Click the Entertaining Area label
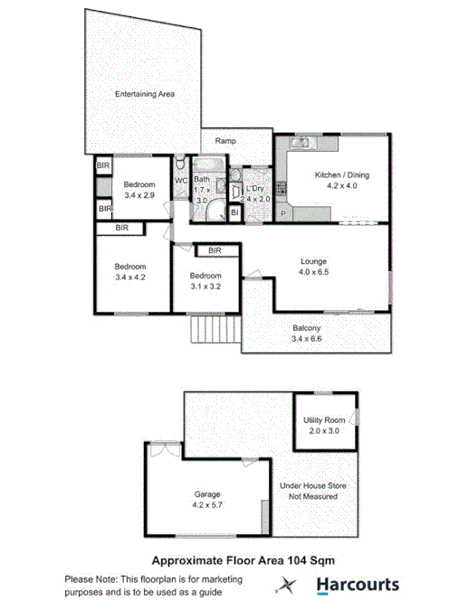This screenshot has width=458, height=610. coord(145,94)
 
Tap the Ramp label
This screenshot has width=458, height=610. coord(225,141)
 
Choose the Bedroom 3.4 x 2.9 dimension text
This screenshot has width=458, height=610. coord(140,194)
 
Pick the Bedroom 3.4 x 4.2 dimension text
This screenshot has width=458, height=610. coord(129,277)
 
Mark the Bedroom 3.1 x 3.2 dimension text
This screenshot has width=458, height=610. coord(205,286)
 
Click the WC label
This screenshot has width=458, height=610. coord(180,180)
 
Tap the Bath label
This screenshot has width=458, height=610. coord(202,179)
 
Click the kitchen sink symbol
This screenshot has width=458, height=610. coord(303,141)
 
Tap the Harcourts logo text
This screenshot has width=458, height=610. coord(357,585)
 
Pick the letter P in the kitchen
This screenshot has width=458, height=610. coord(283,214)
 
